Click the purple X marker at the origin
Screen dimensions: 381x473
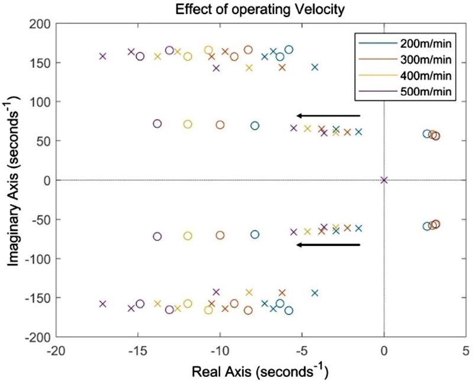tap(384, 180)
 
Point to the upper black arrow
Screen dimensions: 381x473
tap(328, 115)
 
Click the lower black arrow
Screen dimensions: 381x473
tap(328, 244)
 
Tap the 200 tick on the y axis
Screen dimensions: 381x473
tap(41, 24)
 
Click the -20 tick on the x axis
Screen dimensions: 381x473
tap(55, 349)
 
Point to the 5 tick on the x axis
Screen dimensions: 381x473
tap(466, 349)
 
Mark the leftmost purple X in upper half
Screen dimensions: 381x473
tap(103, 56)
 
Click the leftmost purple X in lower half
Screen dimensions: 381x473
tap(103, 303)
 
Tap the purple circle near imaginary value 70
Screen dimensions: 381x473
tap(157, 124)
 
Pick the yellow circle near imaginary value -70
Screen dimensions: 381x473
tap(187, 236)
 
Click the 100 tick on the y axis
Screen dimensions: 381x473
tap(41, 102)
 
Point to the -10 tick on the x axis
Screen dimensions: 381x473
tap(219, 349)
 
